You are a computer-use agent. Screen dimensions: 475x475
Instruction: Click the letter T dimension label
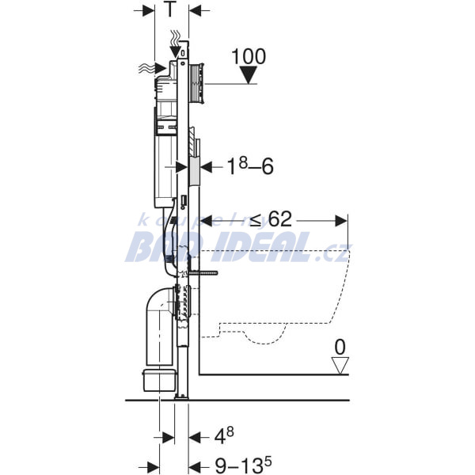pos(170,10)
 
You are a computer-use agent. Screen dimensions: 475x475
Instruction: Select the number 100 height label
pos(249,57)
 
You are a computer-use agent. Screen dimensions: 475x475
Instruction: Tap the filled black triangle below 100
pos(249,75)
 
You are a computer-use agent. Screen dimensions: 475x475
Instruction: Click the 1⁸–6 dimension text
pos(250,166)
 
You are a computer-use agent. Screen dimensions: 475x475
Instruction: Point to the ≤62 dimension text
pos(272,218)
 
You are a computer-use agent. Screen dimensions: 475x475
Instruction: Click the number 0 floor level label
pos(340,348)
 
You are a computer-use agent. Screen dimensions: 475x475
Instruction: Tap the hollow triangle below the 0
pos(340,365)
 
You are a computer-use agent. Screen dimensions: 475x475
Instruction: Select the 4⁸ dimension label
pos(224,436)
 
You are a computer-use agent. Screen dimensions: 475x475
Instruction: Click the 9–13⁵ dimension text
pos(243,465)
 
